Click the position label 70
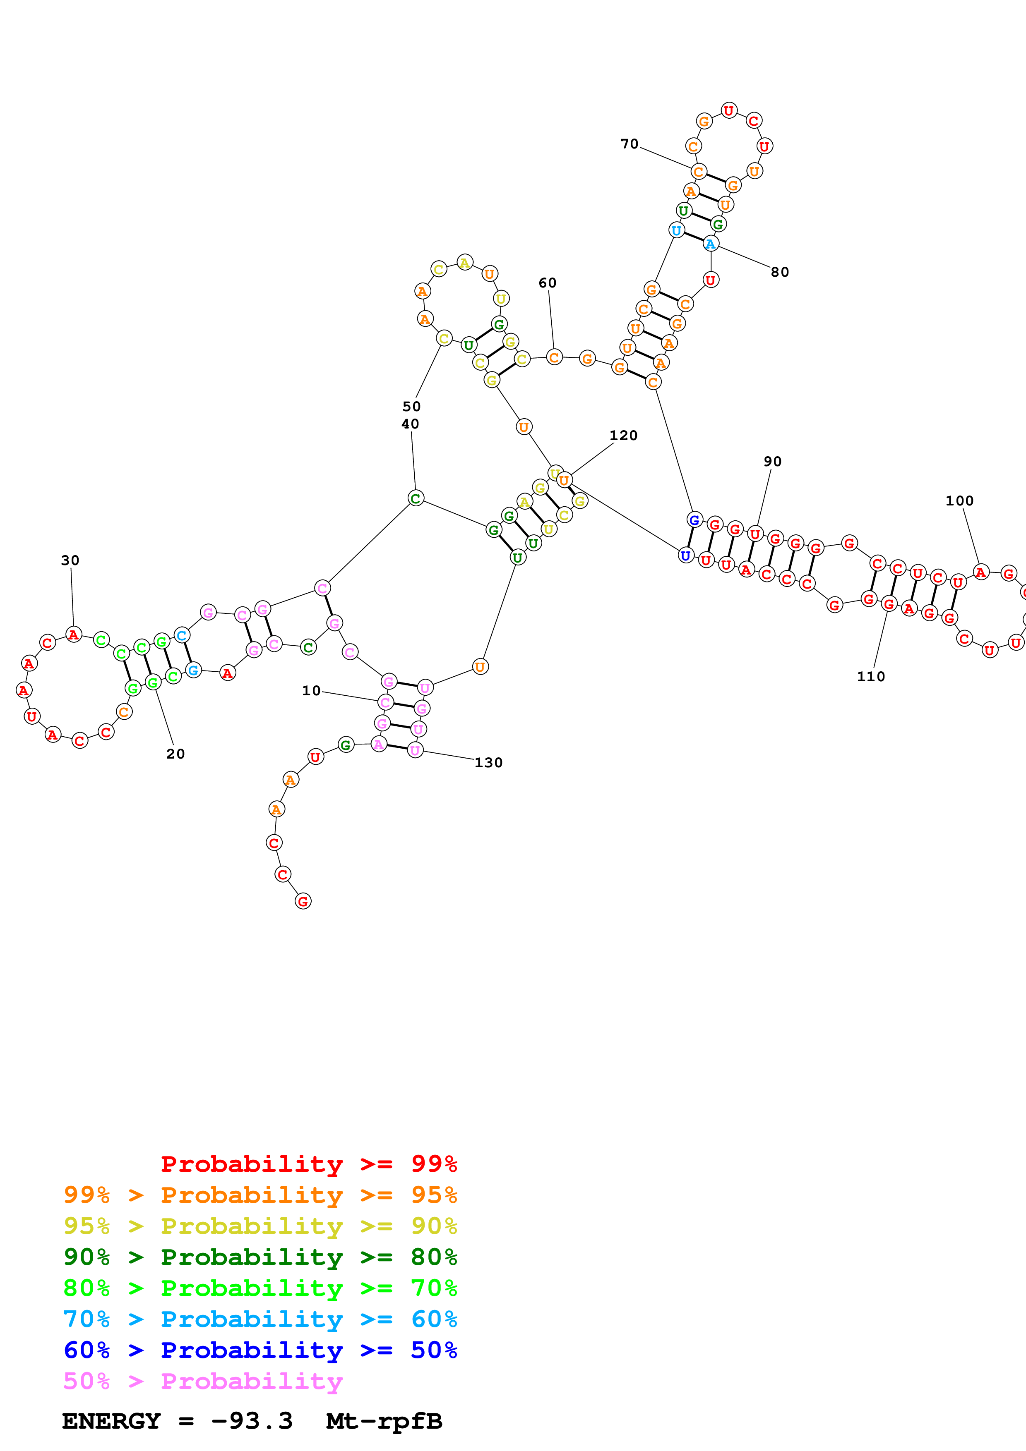[629, 144]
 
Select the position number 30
[70, 560]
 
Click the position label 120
[623, 436]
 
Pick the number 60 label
[548, 283]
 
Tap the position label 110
[870, 677]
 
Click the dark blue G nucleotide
[694, 520]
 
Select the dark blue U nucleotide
[685, 555]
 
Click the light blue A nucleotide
[711, 244]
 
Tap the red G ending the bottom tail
[303, 901]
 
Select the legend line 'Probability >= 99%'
[308, 1164]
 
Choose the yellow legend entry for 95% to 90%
[260, 1226]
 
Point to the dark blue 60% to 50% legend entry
[260, 1350]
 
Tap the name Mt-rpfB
[384, 1421]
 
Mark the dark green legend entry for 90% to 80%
[260, 1257]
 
